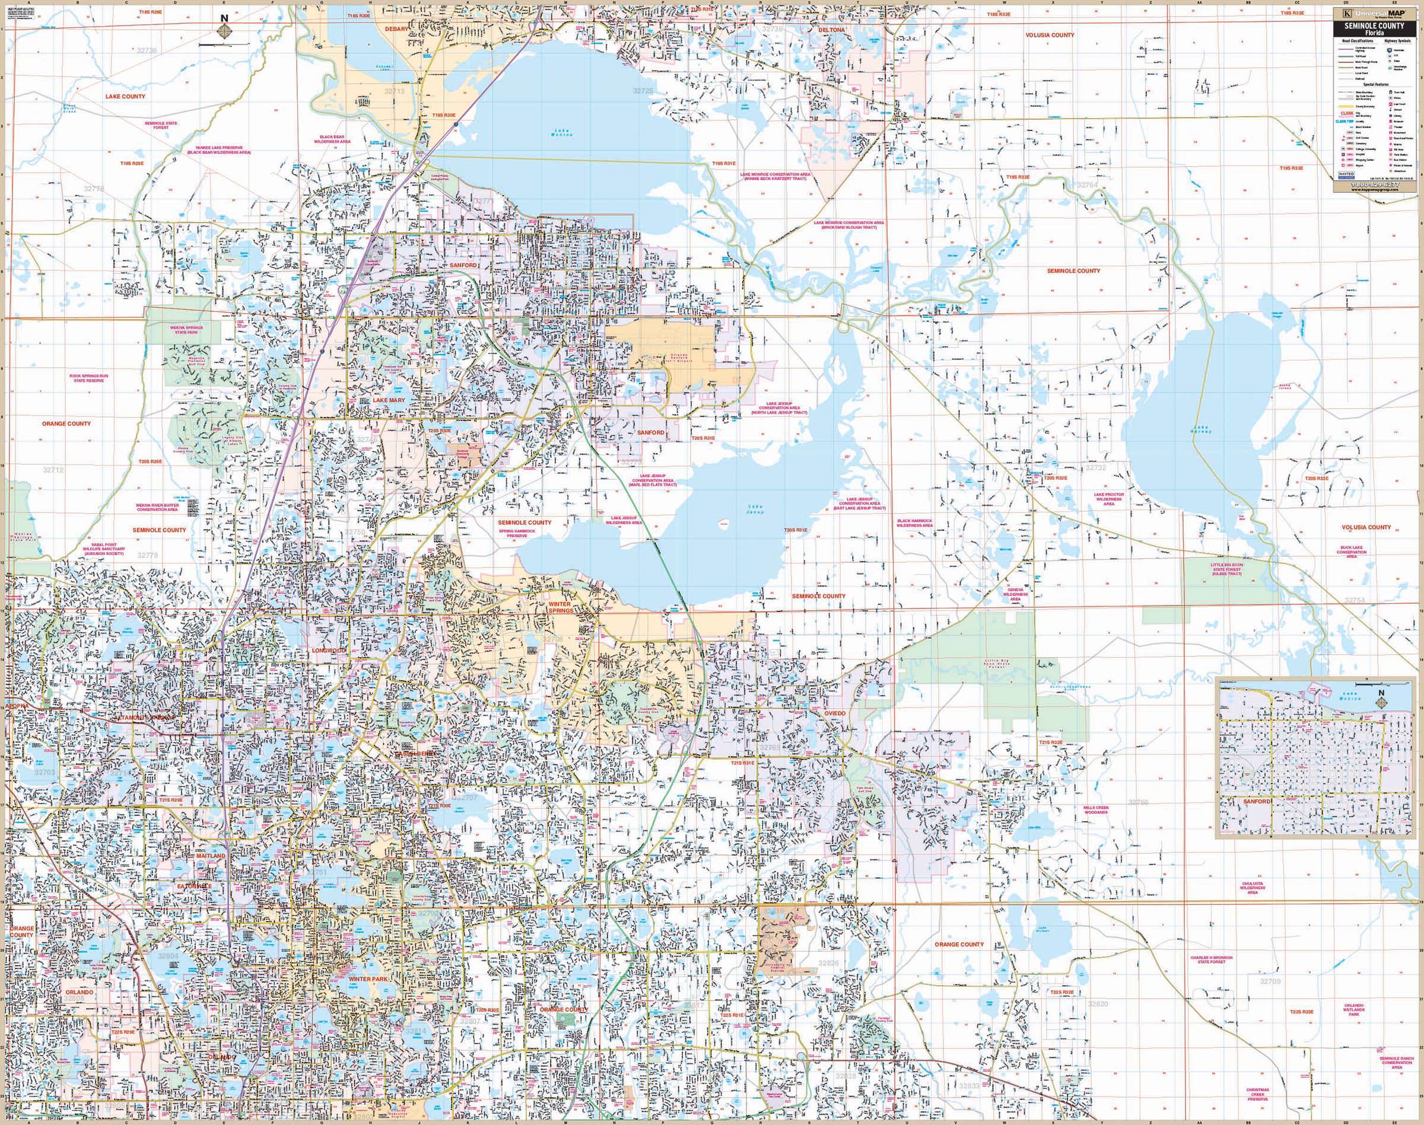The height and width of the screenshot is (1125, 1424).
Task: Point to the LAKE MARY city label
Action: tap(389, 400)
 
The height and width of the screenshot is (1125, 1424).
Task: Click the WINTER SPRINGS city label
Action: tap(561, 607)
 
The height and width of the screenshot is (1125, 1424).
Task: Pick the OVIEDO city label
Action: tap(834, 714)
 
